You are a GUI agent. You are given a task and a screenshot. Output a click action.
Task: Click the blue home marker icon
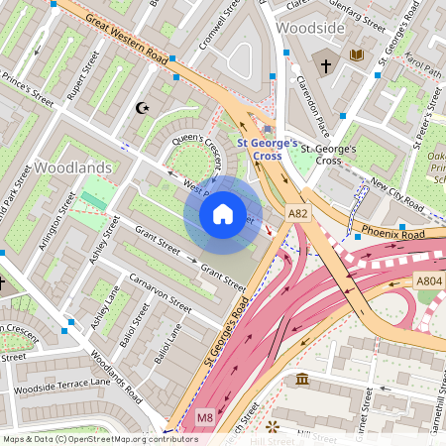pos(223,213)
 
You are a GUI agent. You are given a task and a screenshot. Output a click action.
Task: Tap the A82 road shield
pos(298,213)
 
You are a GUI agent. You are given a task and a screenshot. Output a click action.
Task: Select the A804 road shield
pos(430,281)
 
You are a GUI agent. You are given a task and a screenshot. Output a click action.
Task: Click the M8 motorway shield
pos(205,417)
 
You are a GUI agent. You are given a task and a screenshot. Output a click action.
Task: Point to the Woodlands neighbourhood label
pos(73,168)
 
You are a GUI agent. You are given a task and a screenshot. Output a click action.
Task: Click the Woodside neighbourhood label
pos(310,28)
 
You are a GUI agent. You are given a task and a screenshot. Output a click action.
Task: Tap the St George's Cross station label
pos(267,149)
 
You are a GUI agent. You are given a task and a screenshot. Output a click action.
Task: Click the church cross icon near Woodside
pos(325,65)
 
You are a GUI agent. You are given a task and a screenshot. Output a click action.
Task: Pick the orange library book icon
pos(357,55)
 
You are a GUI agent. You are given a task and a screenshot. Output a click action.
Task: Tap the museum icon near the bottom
pos(301,380)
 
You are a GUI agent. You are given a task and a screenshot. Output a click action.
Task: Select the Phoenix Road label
pos(392,234)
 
